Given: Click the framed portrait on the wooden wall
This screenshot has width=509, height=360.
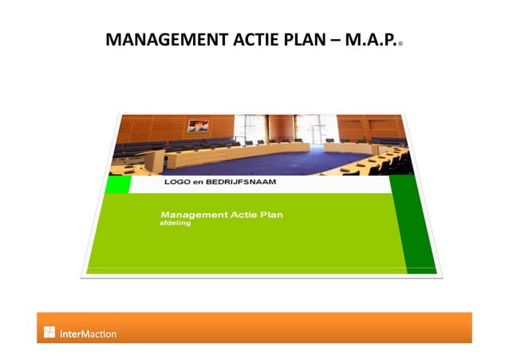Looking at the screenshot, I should [197, 125].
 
